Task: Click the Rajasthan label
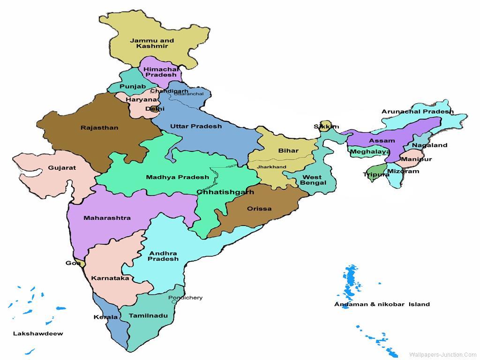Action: point(99,127)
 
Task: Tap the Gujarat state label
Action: point(62,168)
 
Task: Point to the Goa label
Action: point(73,263)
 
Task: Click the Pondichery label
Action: point(186,298)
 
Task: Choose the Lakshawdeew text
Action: point(38,334)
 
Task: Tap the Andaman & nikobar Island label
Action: point(382,304)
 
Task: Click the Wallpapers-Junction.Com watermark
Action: point(442,355)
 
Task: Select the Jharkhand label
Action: point(271,167)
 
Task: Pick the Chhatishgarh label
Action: point(225,192)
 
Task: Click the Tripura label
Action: point(376,174)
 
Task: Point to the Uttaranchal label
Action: point(188,94)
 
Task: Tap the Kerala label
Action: point(105,317)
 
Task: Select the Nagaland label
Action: point(429,145)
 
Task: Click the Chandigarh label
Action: point(169,91)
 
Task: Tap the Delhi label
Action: point(155,109)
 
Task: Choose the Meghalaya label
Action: point(370,152)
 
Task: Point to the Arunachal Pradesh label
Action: point(417,112)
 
